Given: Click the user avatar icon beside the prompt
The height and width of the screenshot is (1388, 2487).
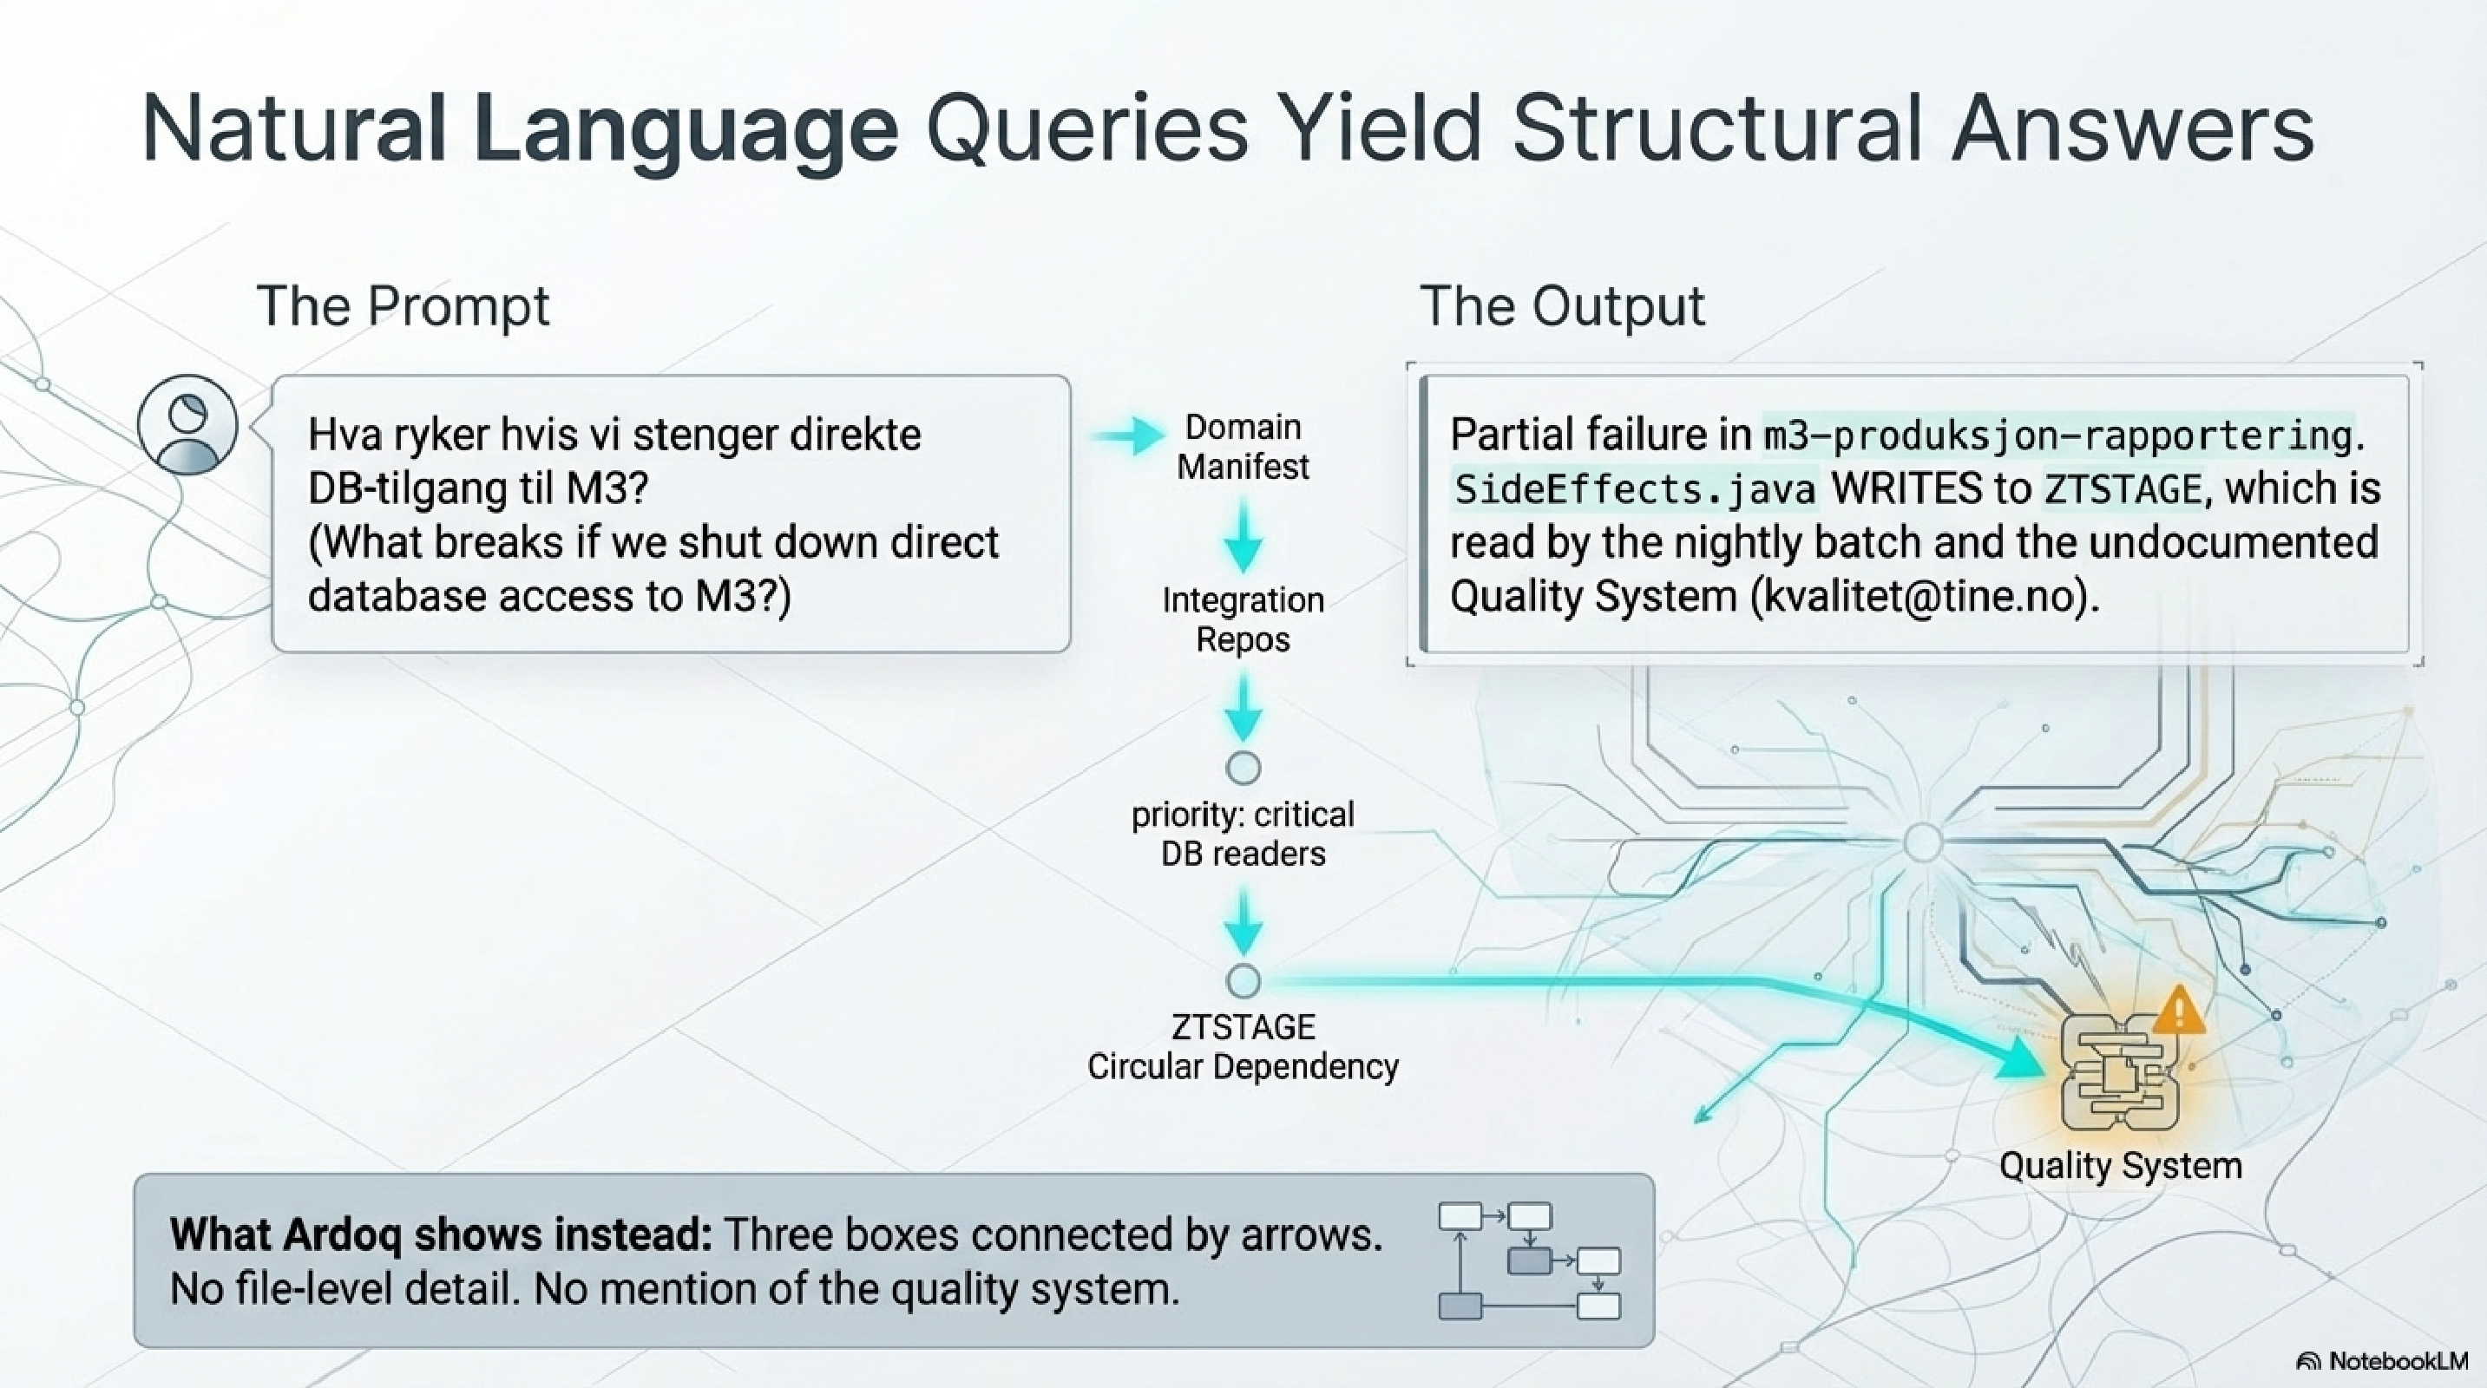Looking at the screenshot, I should click(187, 425).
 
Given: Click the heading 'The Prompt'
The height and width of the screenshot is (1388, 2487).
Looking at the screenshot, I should click(403, 306).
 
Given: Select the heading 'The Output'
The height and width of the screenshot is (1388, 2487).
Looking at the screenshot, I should click(1562, 306).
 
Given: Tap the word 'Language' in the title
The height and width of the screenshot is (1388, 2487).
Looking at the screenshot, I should click(686, 130).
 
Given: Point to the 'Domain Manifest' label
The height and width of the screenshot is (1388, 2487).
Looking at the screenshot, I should click(1243, 447).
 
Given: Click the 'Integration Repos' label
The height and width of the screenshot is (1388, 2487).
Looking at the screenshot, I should click(1243, 619).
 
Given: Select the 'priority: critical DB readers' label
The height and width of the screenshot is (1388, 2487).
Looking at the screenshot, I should click(1243, 834).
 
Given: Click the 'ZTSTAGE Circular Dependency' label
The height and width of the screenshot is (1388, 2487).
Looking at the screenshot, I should click(1243, 1047).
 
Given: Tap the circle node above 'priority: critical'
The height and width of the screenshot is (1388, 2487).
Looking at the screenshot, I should click(1243, 769).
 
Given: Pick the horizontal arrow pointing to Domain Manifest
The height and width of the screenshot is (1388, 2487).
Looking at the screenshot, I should click(1130, 436).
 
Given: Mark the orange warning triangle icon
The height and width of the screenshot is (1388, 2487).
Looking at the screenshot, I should click(2177, 1011).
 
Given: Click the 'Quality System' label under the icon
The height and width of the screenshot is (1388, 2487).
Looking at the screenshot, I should click(2120, 1166).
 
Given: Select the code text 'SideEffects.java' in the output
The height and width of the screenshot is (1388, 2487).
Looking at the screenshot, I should click(1633, 490).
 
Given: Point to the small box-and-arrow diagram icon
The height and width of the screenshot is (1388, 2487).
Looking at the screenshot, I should click(1529, 1260).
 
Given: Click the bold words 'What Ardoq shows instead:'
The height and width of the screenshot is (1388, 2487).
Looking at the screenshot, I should click(440, 1234).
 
